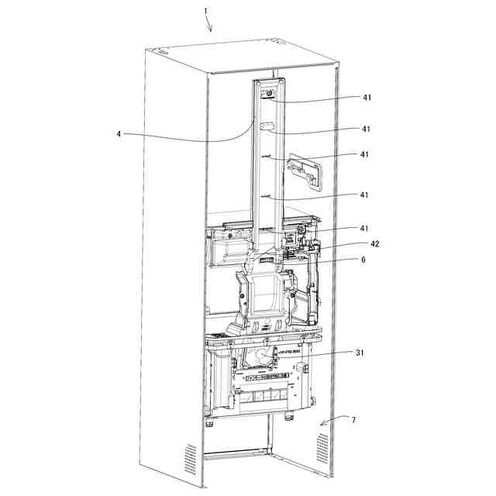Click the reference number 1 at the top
tap(205, 11)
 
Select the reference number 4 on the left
tap(119, 133)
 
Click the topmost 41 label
tap(366, 98)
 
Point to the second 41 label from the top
tap(366, 129)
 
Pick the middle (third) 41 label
tap(364, 154)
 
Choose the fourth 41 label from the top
tap(364, 195)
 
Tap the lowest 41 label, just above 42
tap(364, 229)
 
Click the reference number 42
tap(375, 243)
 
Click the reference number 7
tap(353, 420)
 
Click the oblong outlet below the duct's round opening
tap(267, 125)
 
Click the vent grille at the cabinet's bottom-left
tap(190, 458)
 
